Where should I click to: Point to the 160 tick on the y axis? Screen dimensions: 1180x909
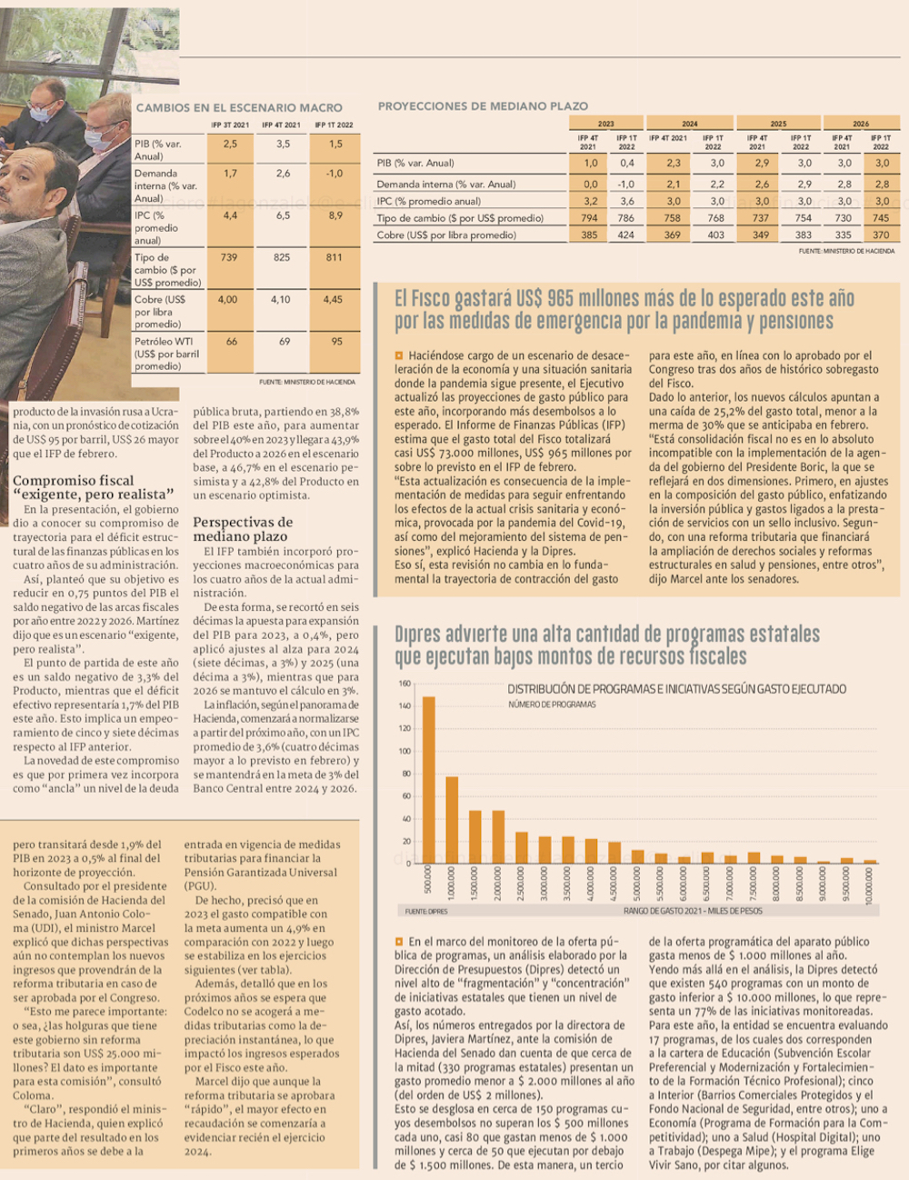point(405,684)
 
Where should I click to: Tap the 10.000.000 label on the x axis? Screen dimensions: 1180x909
point(870,885)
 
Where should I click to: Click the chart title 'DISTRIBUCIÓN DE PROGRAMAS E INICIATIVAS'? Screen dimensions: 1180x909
point(676,689)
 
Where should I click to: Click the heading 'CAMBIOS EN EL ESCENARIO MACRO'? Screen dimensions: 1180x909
point(239,107)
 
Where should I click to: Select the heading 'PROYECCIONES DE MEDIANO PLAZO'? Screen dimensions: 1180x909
point(483,105)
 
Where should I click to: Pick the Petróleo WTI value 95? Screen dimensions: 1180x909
point(335,342)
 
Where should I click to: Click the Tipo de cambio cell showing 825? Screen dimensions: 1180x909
point(282,257)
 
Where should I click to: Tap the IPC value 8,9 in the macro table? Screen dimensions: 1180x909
point(335,215)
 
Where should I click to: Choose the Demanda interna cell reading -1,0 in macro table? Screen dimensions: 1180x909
point(335,173)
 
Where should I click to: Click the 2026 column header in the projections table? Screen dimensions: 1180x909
point(860,124)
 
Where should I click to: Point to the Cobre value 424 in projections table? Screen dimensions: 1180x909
point(625,235)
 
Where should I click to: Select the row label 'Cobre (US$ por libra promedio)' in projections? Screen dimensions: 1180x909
point(446,235)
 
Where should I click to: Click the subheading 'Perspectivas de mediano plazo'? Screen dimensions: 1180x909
point(242,529)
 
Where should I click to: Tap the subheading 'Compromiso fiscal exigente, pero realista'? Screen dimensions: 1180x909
point(93,486)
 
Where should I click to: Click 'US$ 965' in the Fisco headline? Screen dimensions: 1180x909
point(544,298)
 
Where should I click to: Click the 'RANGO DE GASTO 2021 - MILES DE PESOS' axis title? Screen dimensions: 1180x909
point(693,910)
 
